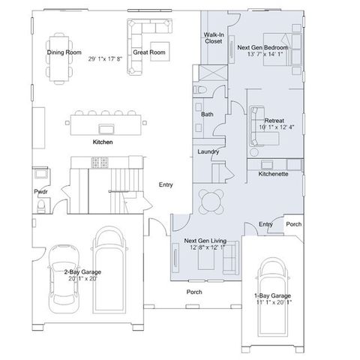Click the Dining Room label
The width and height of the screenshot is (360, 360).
coord(64,52)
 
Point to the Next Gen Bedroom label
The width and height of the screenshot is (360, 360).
coord(262,47)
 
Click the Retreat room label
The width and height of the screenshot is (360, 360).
coord(274,121)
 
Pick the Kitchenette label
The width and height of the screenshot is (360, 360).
coord(273,174)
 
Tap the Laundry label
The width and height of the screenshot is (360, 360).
coord(207,151)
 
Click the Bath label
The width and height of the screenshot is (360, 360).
coord(208,114)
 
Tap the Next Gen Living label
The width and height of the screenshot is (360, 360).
coord(205,241)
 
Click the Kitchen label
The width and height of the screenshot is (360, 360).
coord(103,141)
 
